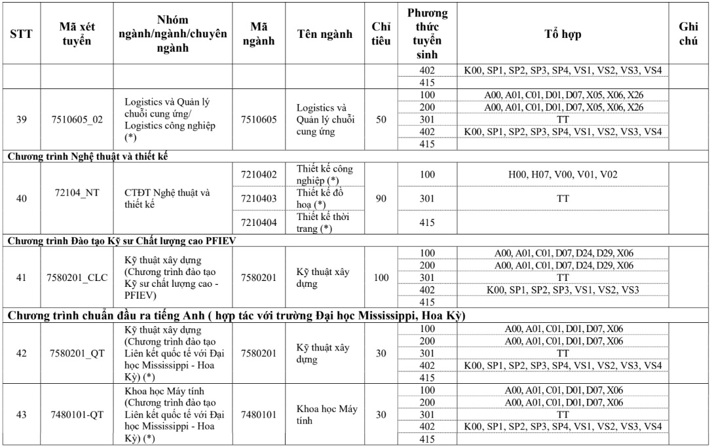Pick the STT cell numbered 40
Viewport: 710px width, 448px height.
(x=22, y=198)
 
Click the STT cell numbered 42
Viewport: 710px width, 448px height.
(x=22, y=354)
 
